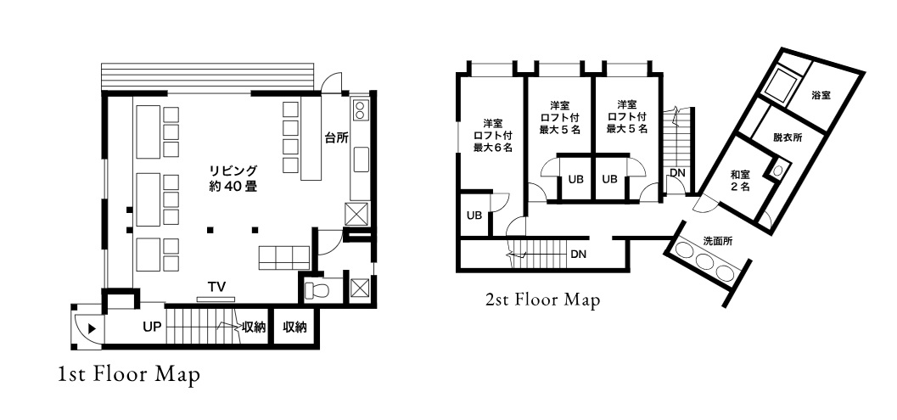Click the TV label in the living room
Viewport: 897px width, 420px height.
[216, 288]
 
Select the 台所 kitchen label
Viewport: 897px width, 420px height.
[337, 138]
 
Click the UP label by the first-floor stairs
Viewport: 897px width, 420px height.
[152, 328]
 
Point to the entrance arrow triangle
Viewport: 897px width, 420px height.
[92, 329]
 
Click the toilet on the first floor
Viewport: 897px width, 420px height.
[315, 289]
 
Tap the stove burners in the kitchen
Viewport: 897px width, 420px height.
[361, 109]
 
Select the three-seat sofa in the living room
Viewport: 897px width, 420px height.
[283, 257]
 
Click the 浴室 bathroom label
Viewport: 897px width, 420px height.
[821, 96]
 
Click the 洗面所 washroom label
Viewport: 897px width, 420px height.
[717, 241]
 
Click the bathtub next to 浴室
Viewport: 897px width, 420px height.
[782, 86]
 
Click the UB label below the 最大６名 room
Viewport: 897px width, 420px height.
[474, 216]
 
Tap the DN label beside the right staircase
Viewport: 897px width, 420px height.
[677, 172]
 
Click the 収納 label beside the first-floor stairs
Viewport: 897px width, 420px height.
[254, 328]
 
